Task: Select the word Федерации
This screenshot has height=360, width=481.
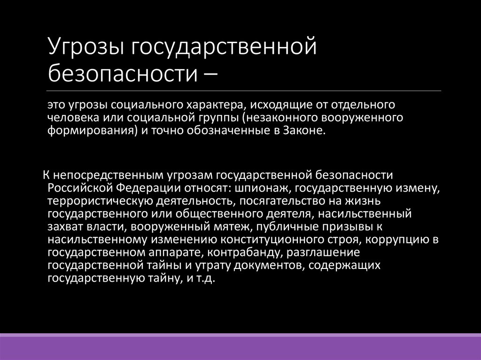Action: click(x=141, y=188)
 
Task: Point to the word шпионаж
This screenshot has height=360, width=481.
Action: click(x=258, y=188)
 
